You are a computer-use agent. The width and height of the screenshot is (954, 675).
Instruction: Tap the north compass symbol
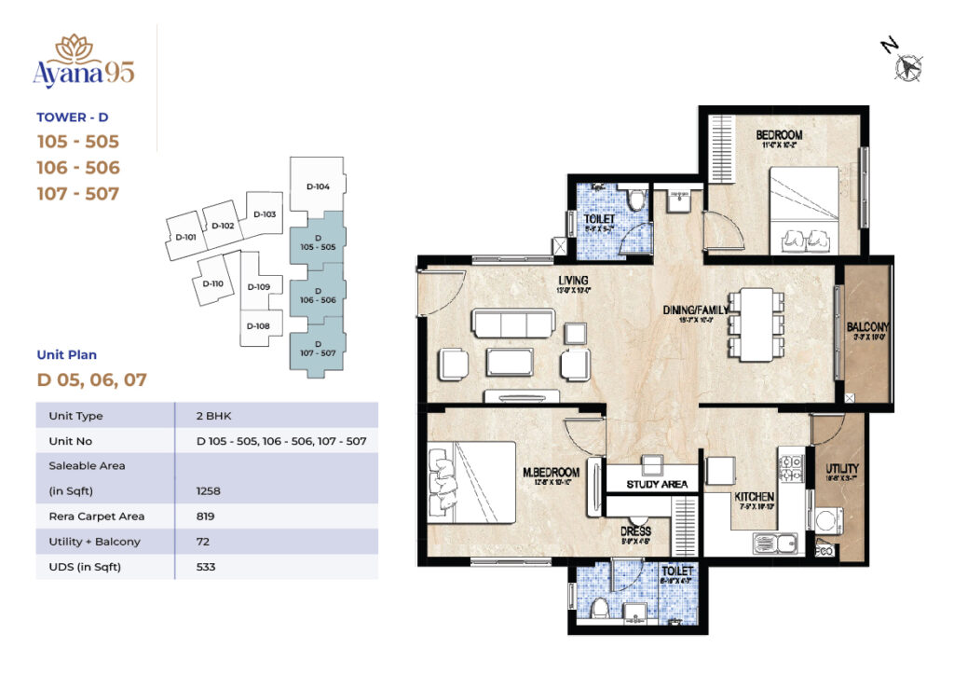[x=906, y=66]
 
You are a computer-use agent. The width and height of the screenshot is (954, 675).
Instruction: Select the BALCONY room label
[x=867, y=327]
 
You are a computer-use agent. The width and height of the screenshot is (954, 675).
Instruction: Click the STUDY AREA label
[x=657, y=484]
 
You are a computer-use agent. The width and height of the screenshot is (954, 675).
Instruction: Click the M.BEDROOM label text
[x=553, y=473]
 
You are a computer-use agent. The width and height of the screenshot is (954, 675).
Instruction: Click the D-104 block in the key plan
[x=318, y=186]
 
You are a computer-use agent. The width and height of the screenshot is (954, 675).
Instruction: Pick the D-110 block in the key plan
[x=212, y=283]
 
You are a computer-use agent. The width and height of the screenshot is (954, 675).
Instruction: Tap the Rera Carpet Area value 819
[x=205, y=516]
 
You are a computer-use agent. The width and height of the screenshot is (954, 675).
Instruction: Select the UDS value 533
[x=206, y=566]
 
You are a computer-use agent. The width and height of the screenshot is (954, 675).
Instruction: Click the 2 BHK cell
[x=211, y=416]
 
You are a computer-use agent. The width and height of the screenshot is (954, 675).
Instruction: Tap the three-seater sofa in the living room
[x=512, y=324]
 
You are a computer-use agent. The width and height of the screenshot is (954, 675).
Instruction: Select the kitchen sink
[x=774, y=542]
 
